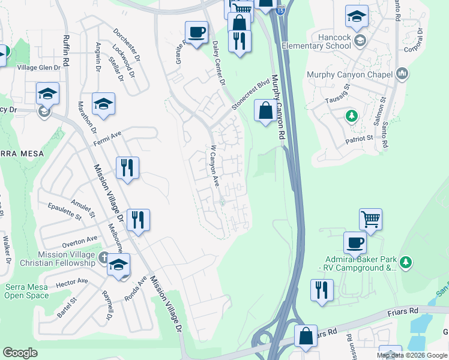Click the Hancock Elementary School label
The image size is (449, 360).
point(326,41)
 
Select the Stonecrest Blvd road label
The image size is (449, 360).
point(250,97)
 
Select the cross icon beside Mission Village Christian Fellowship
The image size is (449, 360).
point(104,259)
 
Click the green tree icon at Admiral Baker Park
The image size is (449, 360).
point(406,262)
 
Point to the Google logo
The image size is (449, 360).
point(20,353)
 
